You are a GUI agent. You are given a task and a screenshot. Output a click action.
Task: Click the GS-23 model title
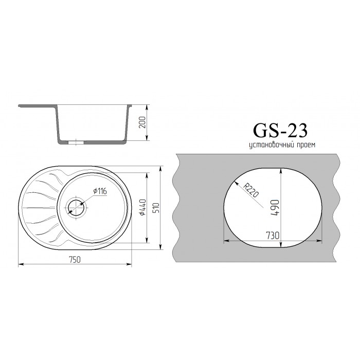pos(280,131)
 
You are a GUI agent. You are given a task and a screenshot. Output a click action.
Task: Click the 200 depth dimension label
pos(142,122)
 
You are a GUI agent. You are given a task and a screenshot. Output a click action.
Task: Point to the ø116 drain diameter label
pos(100,191)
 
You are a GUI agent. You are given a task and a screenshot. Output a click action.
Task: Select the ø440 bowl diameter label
pos(142,207)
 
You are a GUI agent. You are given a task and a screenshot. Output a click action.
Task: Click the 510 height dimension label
pos(156,207)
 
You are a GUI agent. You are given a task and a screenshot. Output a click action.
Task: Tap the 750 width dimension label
pos(75,259)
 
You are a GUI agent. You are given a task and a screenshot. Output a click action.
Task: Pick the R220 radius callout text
pos(251,190)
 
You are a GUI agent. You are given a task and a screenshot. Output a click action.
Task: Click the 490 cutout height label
pos(275,208)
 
